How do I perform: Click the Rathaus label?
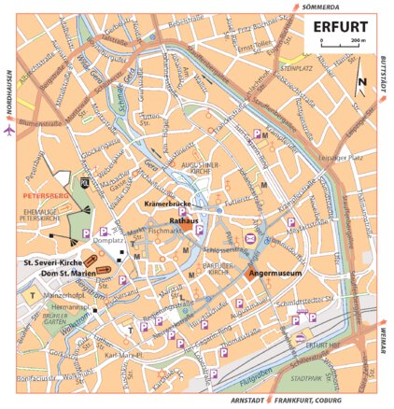click(x=181, y=219)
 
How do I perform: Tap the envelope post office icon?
click(x=251, y=241)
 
